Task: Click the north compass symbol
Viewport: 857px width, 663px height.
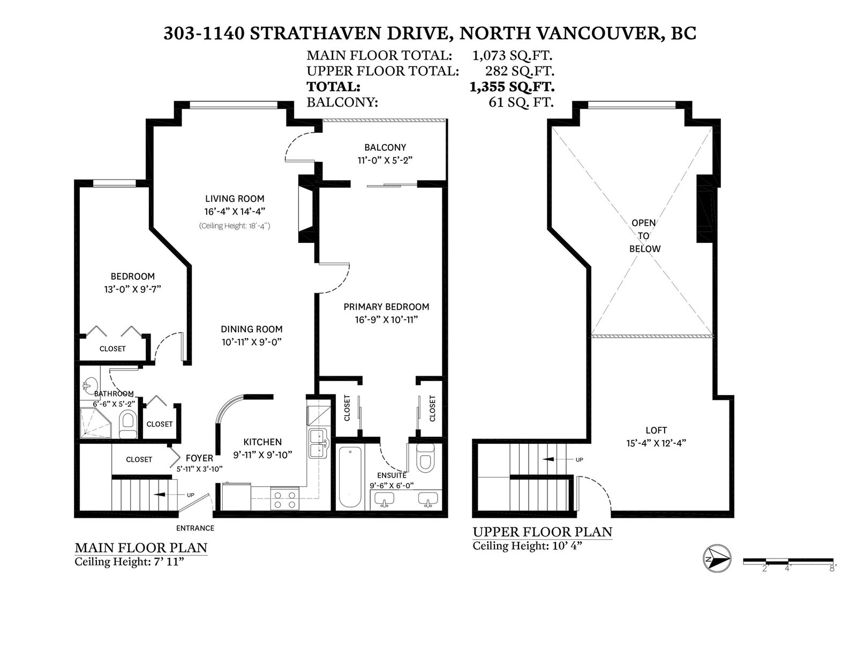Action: [x=717, y=558]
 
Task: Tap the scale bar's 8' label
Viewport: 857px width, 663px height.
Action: [x=832, y=568]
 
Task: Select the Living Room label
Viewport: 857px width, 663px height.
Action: [x=235, y=198]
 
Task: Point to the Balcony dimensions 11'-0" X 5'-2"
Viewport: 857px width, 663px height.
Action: [x=385, y=160]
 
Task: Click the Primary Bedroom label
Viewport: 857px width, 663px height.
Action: [x=386, y=307]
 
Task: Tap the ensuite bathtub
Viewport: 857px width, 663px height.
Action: [x=350, y=476]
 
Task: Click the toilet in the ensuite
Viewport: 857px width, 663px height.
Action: [x=425, y=458]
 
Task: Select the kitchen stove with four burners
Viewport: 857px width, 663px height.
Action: [x=285, y=499]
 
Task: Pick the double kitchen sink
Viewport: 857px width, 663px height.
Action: [x=318, y=443]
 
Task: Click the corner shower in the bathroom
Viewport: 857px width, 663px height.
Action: [x=96, y=423]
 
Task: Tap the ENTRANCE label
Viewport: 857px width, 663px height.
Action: [x=195, y=528]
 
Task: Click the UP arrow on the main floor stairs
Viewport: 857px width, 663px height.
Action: [x=166, y=495]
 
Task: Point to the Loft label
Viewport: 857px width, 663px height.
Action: [x=656, y=430]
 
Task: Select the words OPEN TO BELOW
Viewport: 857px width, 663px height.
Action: [x=644, y=236]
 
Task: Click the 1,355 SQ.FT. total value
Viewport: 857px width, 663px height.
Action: [x=512, y=86]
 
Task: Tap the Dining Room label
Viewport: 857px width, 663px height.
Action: [x=252, y=329]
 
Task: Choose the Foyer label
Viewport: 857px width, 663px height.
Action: [x=200, y=458]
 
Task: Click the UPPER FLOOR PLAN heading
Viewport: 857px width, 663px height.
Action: [x=543, y=532]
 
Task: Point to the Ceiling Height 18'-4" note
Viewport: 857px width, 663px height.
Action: [x=235, y=226]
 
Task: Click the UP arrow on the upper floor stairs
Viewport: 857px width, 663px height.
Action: [x=554, y=459]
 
